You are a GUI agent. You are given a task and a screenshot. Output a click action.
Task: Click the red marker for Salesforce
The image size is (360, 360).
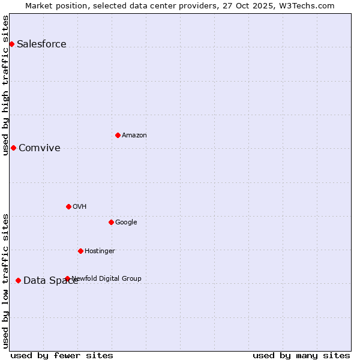[x=11, y=44]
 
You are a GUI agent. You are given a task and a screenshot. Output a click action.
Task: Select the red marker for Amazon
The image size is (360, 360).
[x=118, y=135]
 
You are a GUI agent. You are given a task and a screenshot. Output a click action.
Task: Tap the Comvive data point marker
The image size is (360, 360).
[x=13, y=148]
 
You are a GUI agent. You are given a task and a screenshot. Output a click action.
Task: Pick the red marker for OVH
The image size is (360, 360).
[x=68, y=206]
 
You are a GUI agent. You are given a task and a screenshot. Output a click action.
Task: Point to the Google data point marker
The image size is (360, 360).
[x=111, y=222]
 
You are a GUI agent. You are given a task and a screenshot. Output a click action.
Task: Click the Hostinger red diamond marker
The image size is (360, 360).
[x=80, y=251]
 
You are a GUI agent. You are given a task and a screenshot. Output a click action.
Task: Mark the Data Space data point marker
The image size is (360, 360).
[x=18, y=280]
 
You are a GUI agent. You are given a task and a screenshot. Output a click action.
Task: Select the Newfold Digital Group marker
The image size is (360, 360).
[x=67, y=278]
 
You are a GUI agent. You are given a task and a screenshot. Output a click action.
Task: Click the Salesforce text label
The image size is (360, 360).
[x=41, y=44]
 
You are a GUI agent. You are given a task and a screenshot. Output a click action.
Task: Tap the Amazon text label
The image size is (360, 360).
[x=134, y=135]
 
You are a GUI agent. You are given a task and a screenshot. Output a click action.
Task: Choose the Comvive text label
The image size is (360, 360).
[x=40, y=148]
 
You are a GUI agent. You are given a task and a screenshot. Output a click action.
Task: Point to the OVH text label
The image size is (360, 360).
[x=80, y=206]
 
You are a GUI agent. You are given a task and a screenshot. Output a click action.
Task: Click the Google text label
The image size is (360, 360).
[x=126, y=222]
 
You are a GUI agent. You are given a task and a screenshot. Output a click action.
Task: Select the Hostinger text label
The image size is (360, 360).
[x=100, y=251]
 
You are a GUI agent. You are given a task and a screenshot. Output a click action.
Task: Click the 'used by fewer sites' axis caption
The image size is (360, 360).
[x=62, y=355]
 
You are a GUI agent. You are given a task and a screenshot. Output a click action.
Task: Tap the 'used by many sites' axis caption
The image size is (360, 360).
[x=301, y=355]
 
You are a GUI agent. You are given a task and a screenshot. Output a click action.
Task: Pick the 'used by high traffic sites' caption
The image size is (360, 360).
[x=5, y=85]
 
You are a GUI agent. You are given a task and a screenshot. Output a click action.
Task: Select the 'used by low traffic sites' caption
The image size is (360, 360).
[x=5, y=281]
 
